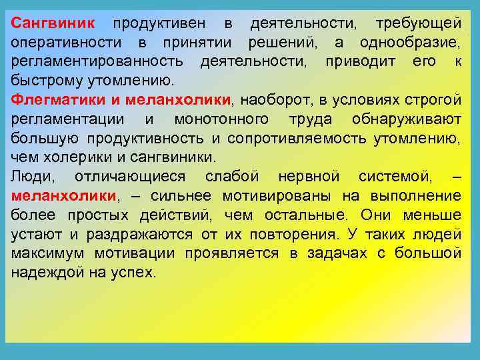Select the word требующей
pyautogui.click(x=418, y=25)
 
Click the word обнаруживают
pyautogui.click(x=406, y=119)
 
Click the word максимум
pyautogui.click(x=49, y=253)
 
